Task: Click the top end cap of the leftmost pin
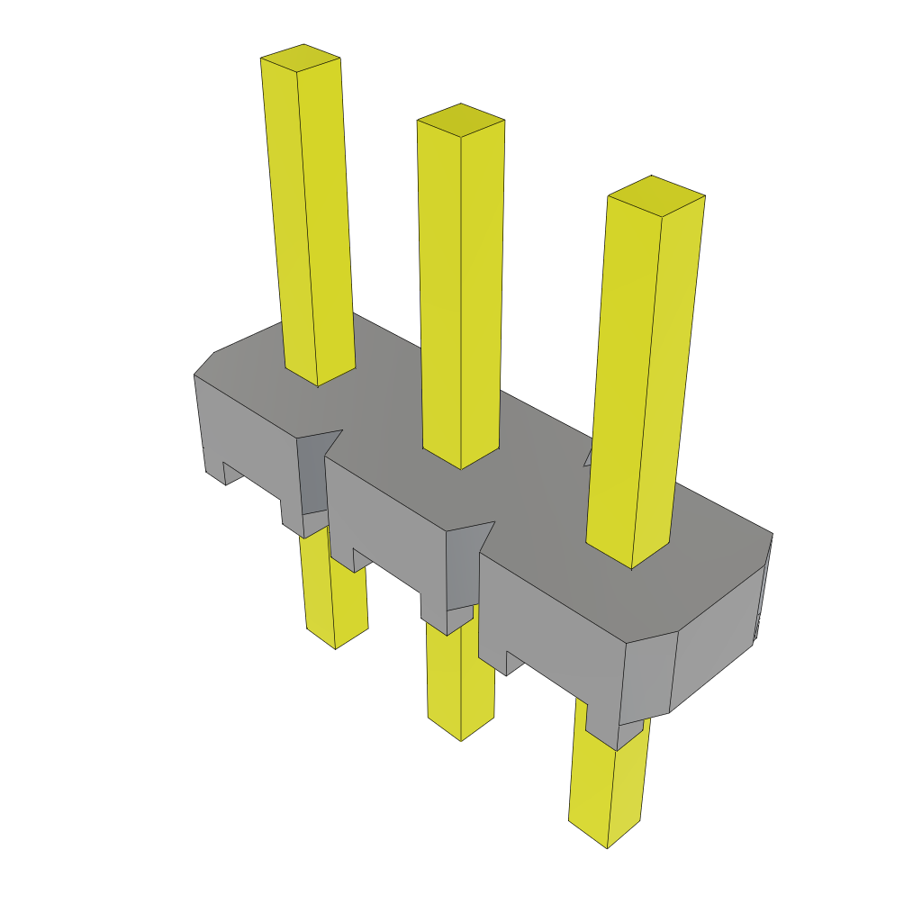tap(301, 57)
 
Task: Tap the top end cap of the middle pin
tap(460, 120)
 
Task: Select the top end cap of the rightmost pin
tap(656, 195)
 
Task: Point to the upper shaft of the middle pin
tap(459, 288)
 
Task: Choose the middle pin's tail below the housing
tap(461, 675)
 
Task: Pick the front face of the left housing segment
tap(248, 441)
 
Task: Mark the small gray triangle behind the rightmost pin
tap(589, 457)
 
